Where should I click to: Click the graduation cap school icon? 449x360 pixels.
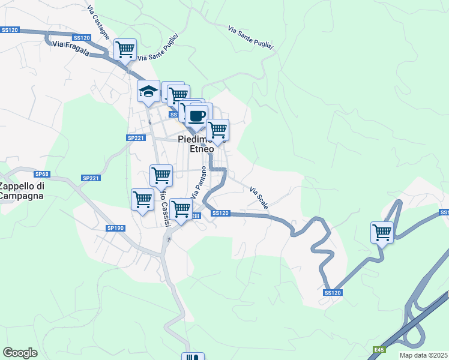coord(148,92)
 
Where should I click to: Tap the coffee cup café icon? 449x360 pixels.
coord(197,115)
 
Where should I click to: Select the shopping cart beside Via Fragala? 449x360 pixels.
coord(125,50)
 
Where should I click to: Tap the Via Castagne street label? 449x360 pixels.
coord(98,23)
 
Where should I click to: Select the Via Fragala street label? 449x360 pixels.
coord(71,49)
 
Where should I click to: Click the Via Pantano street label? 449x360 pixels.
coord(199,183)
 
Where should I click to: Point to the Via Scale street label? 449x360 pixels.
coord(259,198)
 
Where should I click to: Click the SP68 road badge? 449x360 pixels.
coord(41,174)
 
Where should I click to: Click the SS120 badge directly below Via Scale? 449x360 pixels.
coord(220,213)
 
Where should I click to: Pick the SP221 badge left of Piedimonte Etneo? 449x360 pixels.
coord(136,137)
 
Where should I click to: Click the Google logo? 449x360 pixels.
coord(20,352)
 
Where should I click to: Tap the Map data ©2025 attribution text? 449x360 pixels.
coord(423,355)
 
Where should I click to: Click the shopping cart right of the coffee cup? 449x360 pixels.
coord(217,129)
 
